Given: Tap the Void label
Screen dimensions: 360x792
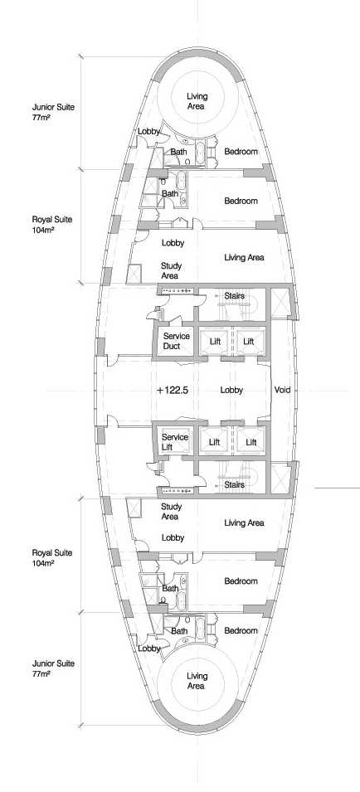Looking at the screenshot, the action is [282, 390].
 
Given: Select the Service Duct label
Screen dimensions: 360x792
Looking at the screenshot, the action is [176, 341].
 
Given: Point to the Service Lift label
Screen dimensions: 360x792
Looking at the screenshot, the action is [175, 442].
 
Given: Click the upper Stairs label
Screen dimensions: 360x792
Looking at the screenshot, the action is [234, 296].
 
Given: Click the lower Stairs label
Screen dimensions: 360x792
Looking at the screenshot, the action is [234, 485].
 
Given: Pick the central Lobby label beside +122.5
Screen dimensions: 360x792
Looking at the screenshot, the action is [231, 390].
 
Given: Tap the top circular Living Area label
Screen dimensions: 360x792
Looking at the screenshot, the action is [197, 101].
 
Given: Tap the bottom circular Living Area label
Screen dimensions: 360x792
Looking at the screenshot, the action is [197, 681].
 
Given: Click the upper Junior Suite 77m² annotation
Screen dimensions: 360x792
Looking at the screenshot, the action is [54, 112].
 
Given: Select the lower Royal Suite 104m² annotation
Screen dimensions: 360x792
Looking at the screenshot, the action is [52, 557].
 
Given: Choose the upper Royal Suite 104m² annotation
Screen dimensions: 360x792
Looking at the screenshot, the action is [52, 224].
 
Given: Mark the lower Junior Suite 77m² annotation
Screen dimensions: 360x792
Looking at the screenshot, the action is [54, 668].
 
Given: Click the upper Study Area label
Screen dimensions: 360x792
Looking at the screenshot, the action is [171, 270].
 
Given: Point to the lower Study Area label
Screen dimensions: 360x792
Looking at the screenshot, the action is [171, 512].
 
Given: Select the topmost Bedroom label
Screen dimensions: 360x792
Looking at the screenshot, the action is [241, 152].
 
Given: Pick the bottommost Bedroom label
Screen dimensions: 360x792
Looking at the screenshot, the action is [241, 631].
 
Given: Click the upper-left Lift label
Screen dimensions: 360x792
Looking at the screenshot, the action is [215, 342].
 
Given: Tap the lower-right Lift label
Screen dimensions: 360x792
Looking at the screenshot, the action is [251, 443].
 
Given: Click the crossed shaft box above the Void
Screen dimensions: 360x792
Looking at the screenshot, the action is [280, 303].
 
